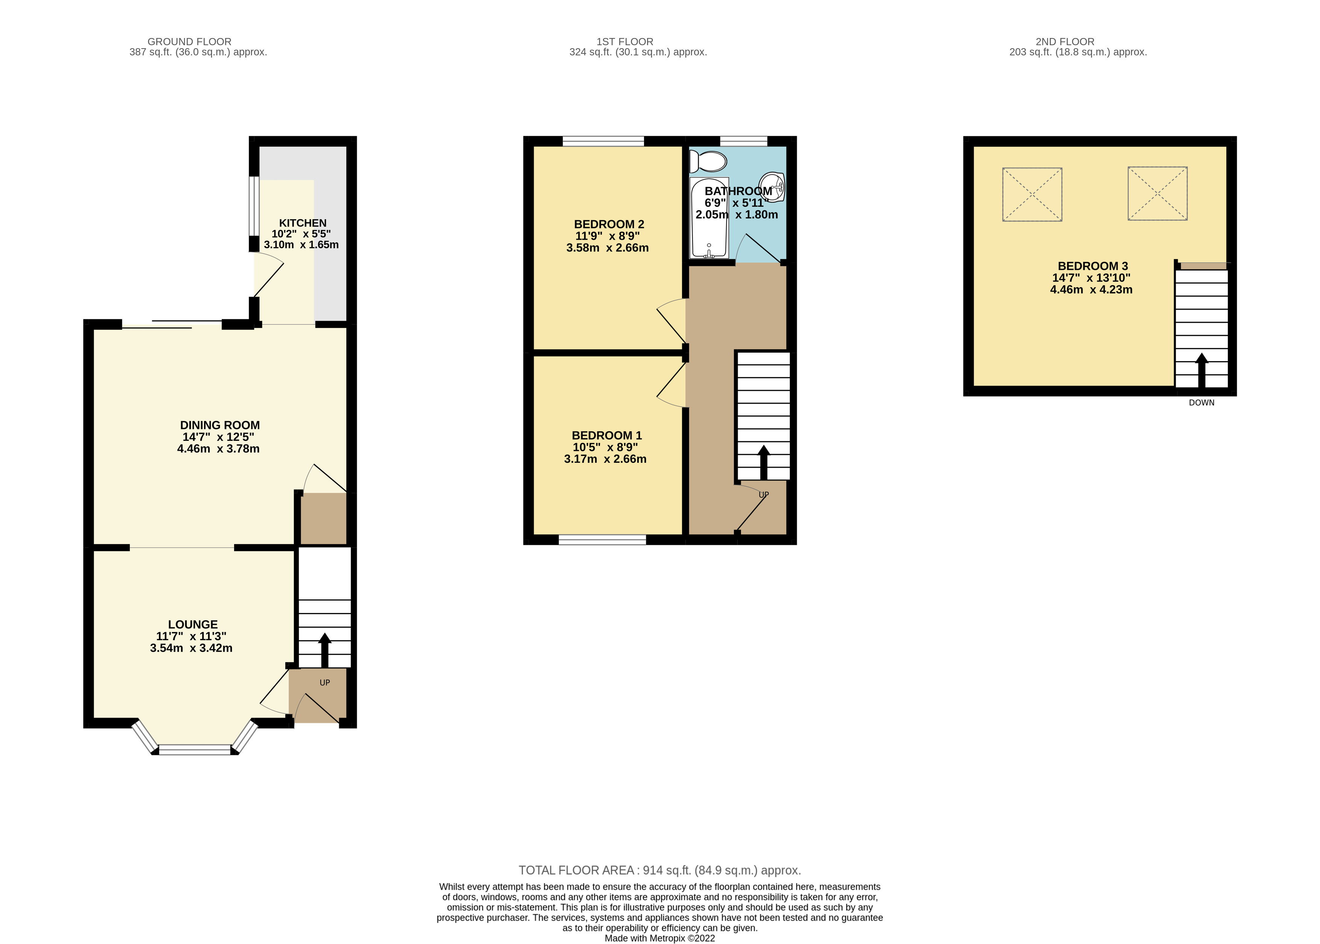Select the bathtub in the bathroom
[709, 218]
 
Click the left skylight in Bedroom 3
[1032, 194]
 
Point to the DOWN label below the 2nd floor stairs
[1201, 402]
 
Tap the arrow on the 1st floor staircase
[763, 462]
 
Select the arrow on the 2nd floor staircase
[1201, 370]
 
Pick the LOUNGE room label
[192, 624]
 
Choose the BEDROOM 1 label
[606, 435]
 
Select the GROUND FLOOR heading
[189, 42]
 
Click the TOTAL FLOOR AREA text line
[659, 870]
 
